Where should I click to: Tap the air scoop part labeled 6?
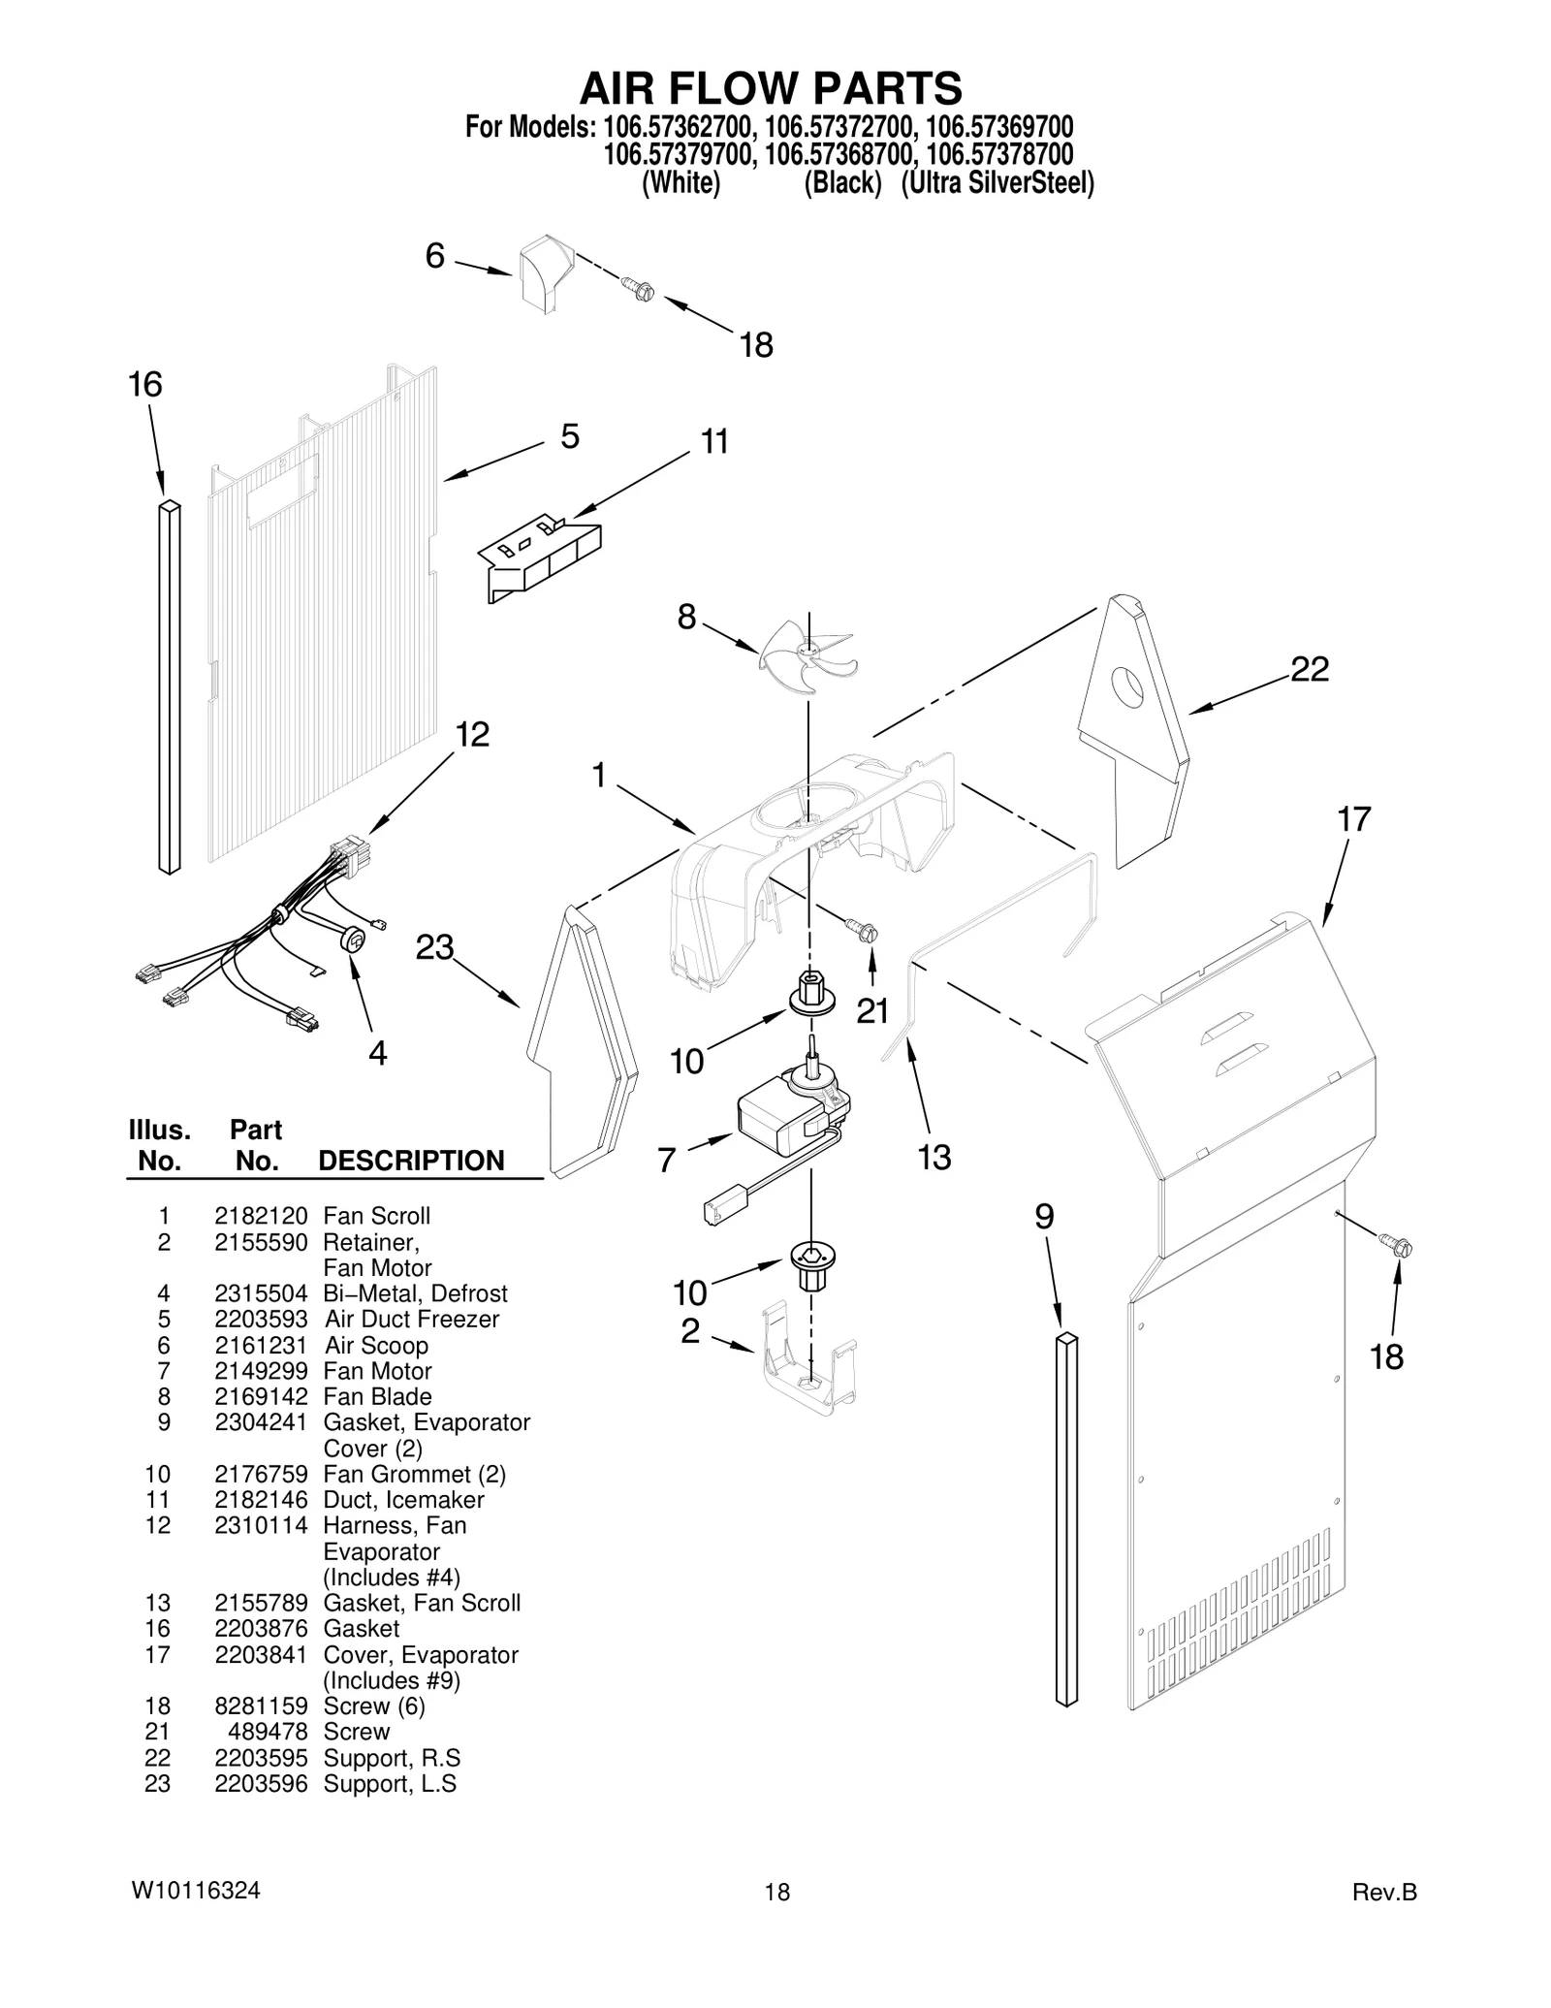(x=544, y=273)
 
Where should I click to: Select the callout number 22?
(x=1309, y=669)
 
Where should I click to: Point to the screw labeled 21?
(x=863, y=931)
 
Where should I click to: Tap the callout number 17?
(x=1354, y=819)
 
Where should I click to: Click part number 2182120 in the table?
(x=261, y=1216)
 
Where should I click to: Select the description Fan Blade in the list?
(x=377, y=1396)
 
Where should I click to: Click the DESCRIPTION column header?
(x=411, y=1161)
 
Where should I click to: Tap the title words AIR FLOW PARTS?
(x=771, y=88)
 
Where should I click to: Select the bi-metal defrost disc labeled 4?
(x=354, y=939)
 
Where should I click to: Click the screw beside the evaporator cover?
(x=1398, y=1245)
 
